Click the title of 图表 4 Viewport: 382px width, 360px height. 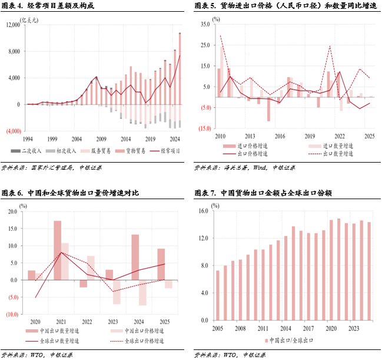click(x=47, y=6)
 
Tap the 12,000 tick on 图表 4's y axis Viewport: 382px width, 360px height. click(x=13, y=25)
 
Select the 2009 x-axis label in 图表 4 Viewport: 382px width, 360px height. click(x=101, y=139)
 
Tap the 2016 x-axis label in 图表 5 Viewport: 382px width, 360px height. click(x=280, y=136)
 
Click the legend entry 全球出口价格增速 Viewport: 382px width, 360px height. click(x=141, y=341)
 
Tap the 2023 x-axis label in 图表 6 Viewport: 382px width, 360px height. click(x=109, y=322)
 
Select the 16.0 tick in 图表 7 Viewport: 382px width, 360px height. click(x=204, y=210)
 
